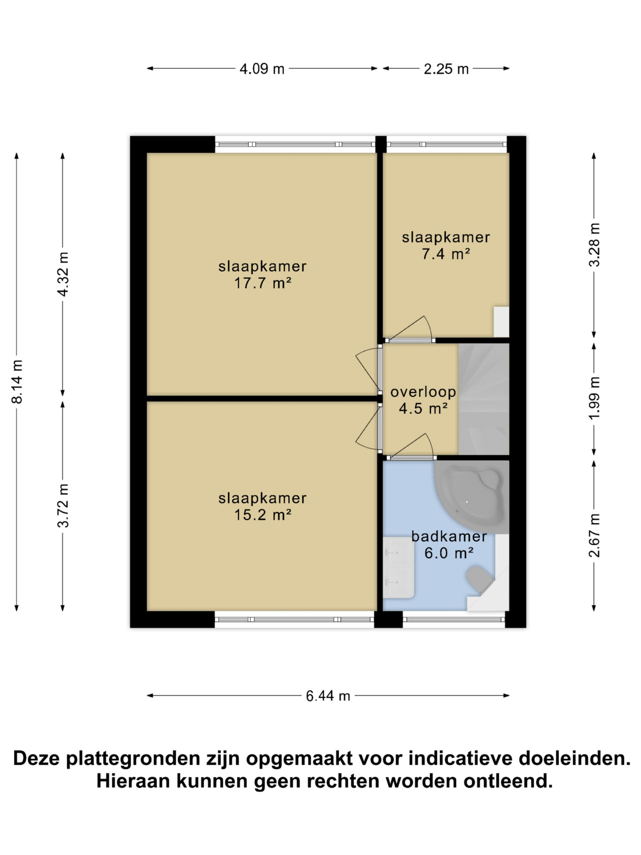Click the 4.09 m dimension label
pos(262,69)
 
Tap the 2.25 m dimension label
pos(446,69)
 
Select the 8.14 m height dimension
pos(17,381)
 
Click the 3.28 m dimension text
pos(594,245)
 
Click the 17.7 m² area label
pos(263,283)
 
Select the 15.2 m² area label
pos(263,515)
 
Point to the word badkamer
pos(449,536)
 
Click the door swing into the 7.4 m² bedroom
pos(410,329)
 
